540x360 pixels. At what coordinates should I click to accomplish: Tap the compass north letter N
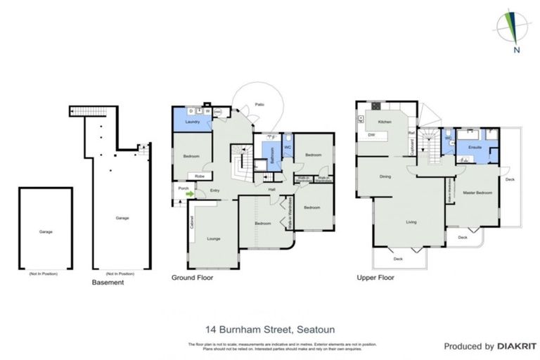click(516, 49)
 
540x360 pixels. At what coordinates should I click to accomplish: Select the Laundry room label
click(192, 122)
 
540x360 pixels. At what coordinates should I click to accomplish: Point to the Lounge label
click(213, 239)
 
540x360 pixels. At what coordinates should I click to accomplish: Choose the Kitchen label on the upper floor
click(385, 122)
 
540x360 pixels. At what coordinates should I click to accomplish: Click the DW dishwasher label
click(371, 135)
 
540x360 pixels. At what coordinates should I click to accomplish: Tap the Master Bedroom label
click(477, 192)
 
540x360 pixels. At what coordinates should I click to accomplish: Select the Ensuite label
click(465, 147)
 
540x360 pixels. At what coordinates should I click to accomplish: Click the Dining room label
click(385, 176)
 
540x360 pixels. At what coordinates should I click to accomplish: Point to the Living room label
click(411, 222)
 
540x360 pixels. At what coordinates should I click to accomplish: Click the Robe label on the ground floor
click(200, 176)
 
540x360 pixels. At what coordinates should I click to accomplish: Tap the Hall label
click(271, 189)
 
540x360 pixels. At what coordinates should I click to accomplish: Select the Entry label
click(214, 189)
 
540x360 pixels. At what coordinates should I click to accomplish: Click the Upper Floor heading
click(375, 278)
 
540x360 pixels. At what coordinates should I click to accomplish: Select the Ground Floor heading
click(192, 278)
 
